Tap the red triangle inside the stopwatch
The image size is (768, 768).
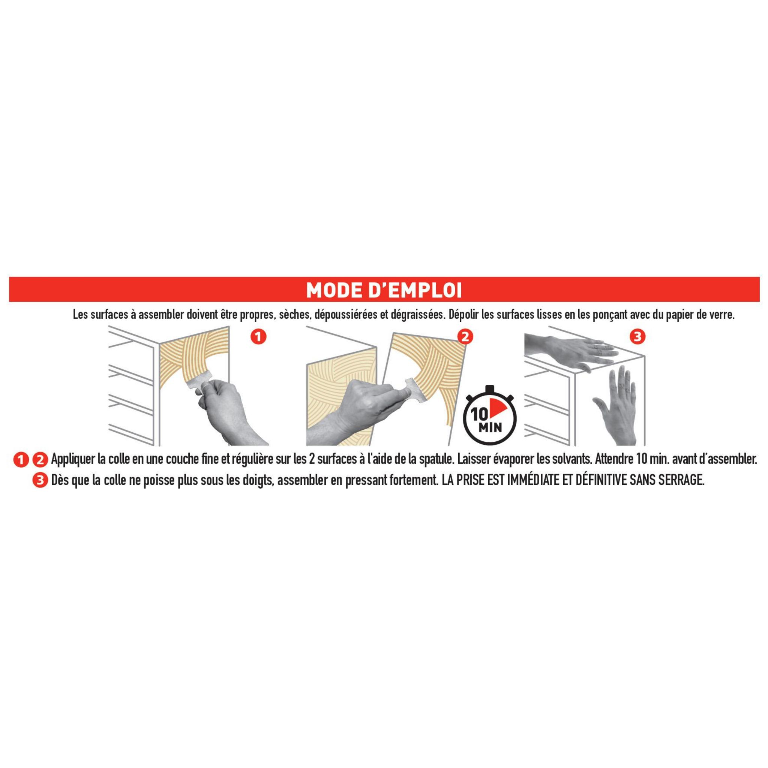tap(495, 417)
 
